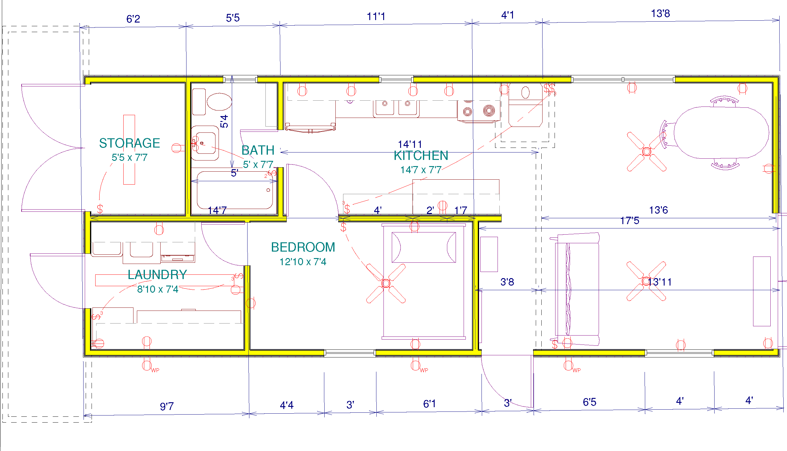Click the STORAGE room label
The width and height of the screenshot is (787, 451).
tap(129, 143)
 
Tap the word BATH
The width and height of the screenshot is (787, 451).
tap(258, 150)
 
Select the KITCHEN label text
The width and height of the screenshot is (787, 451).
tap(421, 156)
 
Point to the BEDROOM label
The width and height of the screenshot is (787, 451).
tap(303, 247)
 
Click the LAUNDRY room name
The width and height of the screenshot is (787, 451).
tap(158, 275)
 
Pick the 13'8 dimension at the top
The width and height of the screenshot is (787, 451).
tap(661, 14)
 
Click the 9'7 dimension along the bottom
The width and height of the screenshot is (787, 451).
tap(167, 407)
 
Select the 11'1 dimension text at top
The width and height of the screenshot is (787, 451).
tap(376, 16)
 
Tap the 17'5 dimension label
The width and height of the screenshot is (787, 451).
tap(629, 220)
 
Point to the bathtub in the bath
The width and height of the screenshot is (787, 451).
tap(235, 190)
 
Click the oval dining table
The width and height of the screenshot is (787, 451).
tap(721, 132)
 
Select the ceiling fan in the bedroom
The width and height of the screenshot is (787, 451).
tap(386, 283)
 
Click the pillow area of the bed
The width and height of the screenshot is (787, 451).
tap(424, 248)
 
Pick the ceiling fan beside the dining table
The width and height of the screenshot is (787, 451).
tap(647, 152)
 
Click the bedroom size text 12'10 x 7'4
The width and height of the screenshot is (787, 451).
tap(303, 262)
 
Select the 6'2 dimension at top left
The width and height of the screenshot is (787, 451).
tap(133, 19)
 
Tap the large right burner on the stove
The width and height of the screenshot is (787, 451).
tap(489, 111)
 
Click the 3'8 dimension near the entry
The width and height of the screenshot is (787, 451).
tap(507, 282)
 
